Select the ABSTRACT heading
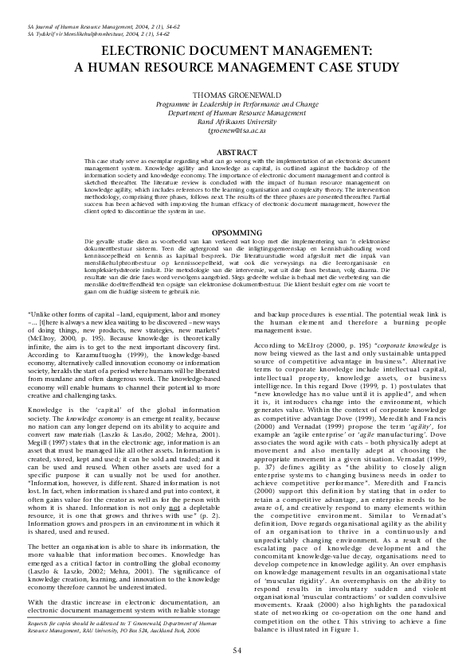(x=237, y=151)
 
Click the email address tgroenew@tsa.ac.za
(x=237, y=139)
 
